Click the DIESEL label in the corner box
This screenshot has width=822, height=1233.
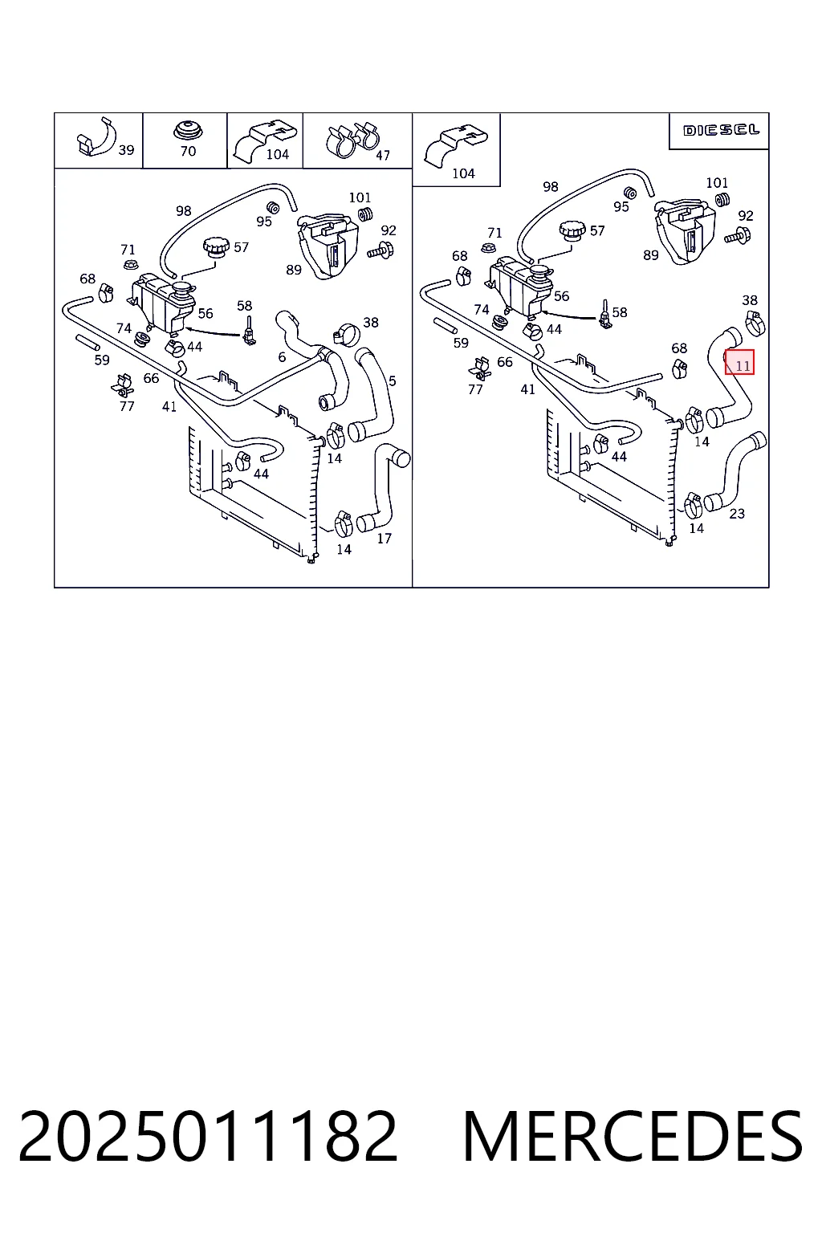point(721,131)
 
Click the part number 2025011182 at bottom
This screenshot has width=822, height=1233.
point(208,1136)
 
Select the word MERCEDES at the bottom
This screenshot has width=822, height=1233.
point(633,1136)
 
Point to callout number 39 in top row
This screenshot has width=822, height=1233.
point(126,150)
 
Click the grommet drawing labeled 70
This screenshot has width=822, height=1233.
point(188,131)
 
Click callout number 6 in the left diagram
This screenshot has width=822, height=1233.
point(282,357)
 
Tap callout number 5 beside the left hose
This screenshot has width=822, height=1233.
point(392,380)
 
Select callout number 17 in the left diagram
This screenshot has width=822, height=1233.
point(384,539)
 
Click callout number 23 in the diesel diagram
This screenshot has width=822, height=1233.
point(737,514)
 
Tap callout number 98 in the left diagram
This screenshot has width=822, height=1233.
point(183,211)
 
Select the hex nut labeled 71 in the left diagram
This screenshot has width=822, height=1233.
point(129,263)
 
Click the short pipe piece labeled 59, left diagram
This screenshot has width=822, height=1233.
point(87,343)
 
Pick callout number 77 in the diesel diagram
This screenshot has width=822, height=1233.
point(475,389)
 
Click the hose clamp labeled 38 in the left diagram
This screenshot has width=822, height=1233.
point(346,334)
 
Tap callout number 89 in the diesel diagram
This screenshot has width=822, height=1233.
point(651,255)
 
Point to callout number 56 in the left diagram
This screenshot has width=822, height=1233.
point(205,313)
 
